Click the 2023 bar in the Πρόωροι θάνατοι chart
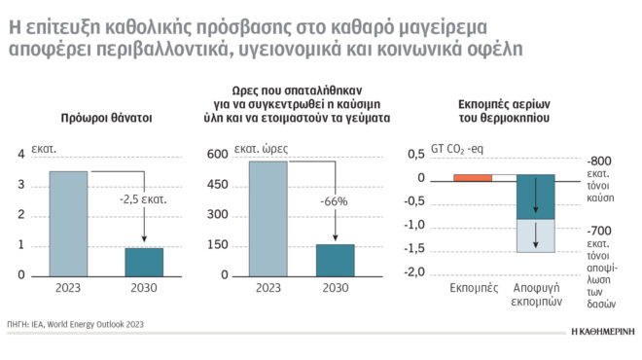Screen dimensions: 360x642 coord(68,224)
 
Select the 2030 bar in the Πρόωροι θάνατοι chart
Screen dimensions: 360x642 coord(143,262)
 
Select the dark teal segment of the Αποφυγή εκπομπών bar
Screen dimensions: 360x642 coord(535,198)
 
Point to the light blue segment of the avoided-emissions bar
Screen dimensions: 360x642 coord(535,236)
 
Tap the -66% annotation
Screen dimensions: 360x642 coord(334,200)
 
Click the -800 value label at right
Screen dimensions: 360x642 coord(599,160)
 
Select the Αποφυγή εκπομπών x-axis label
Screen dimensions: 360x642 coord(535,296)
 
